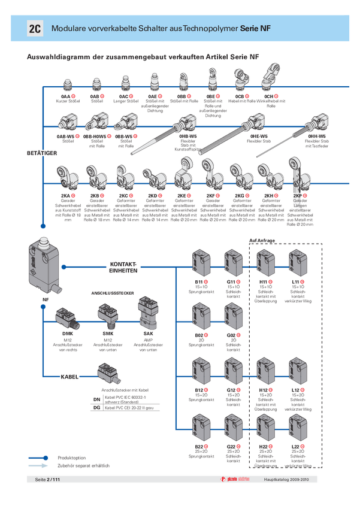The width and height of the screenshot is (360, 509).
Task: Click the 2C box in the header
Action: pos(35,29)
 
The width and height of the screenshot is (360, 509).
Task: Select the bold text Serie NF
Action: pos(255,29)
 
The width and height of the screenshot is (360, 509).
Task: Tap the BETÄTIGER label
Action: pos(42,154)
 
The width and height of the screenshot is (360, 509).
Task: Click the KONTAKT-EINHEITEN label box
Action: pos(123,267)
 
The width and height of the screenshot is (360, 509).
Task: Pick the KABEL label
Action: pos(71,377)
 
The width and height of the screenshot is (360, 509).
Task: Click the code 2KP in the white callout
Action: pos(297,195)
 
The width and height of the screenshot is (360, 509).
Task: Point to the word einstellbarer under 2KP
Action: pos(300,211)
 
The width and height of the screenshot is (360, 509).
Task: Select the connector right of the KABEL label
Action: pos(109,375)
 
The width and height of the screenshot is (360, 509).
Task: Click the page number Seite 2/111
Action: pos(47,480)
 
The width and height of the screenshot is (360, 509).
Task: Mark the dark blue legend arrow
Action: pos(40,458)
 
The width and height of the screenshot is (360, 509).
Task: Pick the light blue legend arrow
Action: pos(40,465)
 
